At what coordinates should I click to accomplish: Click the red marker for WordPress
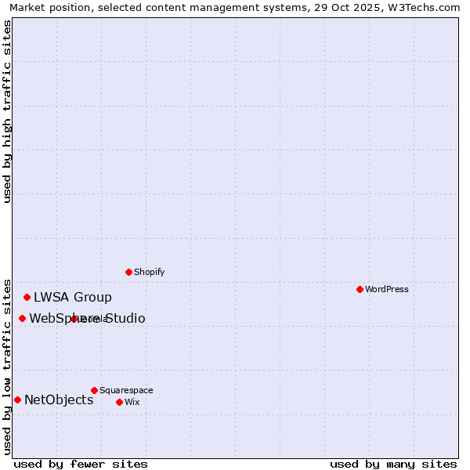[x=360, y=289]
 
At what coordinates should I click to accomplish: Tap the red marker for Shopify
[x=128, y=272]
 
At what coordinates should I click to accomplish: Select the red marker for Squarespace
[x=94, y=390]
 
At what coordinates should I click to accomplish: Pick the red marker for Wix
[x=119, y=402]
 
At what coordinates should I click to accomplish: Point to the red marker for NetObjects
[x=17, y=399]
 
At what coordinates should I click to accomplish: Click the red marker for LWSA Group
[x=27, y=297]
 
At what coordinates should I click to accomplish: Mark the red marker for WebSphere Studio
[x=22, y=318]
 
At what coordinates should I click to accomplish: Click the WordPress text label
[x=387, y=289]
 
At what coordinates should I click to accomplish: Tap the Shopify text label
[x=150, y=272]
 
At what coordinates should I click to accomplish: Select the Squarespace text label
[x=126, y=390]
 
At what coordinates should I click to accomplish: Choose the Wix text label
[x=132, y=402]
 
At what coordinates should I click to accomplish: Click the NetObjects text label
[x=59, y=399]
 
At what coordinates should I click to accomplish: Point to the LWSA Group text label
[x=73, y=297]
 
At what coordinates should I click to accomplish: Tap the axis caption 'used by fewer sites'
[x=81, y=464]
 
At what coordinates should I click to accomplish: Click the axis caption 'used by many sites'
[x=393, y=464]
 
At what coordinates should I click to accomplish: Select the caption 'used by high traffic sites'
[x=7, y=111]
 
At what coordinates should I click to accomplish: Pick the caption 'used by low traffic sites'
[x=7, y=366]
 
